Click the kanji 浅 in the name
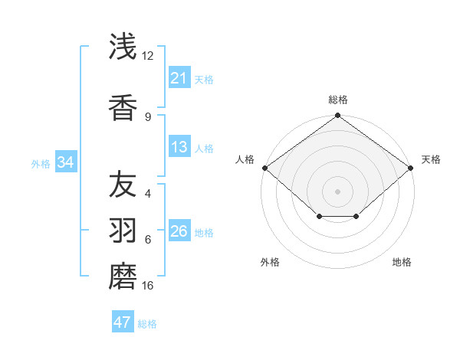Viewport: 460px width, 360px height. (123, 47)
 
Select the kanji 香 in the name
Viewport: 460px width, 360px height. (123, 108)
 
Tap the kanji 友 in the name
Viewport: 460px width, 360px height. (123, 185)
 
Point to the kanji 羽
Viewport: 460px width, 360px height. (123, 230)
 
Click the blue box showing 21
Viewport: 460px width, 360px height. (179, 78)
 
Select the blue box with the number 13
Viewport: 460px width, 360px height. (179, 147)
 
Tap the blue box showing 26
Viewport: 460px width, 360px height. (179, 231)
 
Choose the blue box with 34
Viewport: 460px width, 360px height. (65, 162)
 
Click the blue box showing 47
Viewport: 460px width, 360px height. (123, 322)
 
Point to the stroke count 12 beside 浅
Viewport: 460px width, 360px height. (148, 56)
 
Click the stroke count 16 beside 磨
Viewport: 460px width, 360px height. (148, 286)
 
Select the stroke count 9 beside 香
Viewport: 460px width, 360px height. (148, 116)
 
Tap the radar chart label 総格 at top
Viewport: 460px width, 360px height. (338, 100)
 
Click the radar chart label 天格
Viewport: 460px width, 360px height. (431, 159)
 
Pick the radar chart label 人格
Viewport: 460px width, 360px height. (245, 159)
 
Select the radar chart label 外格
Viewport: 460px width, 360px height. (270, 262)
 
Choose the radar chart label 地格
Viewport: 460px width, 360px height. (402, 262)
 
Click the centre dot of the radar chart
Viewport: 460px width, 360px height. (338, 191)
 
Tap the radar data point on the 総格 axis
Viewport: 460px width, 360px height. (338, 116)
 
